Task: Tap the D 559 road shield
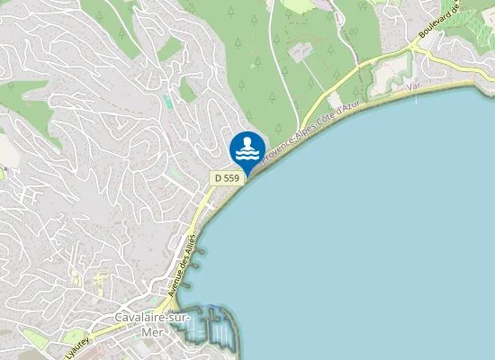pyautogui.click(x=227, y=178)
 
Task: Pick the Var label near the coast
pyautogui.click(x=414, y=87)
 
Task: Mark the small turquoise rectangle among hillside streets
pyautogui.click(x=168, y=103)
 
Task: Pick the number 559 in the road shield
pyautogui.click(x=231, y=178)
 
